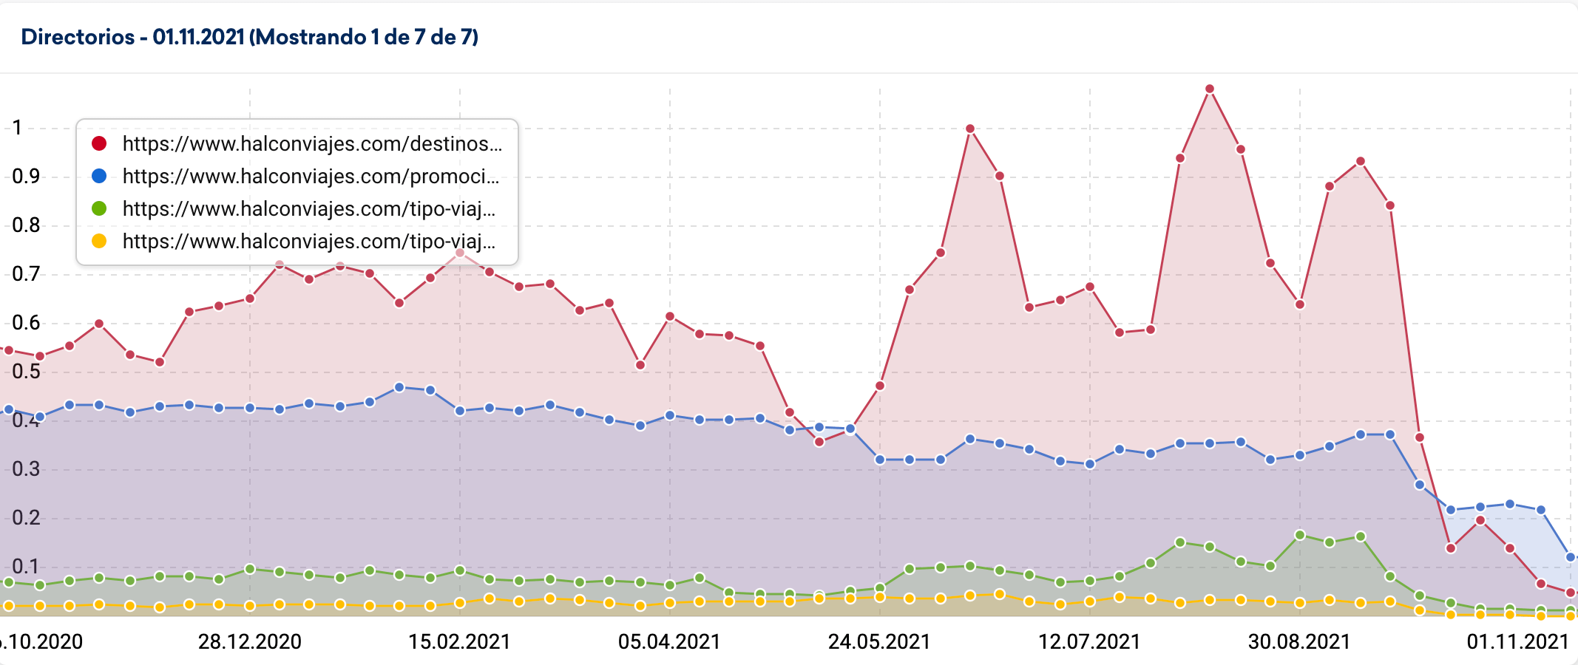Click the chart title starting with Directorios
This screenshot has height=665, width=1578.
point(249,37)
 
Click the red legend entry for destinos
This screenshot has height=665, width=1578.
point(311,143)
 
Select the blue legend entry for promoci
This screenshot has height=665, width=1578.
point(310,176)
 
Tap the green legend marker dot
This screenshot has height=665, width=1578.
point(99,208)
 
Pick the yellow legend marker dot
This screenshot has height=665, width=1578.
point(99,241)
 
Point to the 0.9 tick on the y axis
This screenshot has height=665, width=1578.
point(26,176)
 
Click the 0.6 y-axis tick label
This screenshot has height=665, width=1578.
point(26,322)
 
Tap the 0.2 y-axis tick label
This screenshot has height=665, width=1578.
point(26,517)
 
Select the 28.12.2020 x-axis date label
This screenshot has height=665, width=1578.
point(249,641)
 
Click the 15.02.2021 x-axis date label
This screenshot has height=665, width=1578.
point(459,641)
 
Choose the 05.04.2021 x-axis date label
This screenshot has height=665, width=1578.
point(669,641)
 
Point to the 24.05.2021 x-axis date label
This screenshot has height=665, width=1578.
point(879,641)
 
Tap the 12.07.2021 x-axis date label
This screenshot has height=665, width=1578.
point(1089,641)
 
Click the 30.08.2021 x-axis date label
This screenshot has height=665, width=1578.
point(1299,641)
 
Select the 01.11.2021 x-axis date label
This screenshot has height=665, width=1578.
point(1517,641)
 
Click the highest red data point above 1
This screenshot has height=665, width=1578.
point(1210,89)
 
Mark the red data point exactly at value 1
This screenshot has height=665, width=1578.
point(970,129)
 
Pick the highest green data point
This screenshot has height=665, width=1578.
point(1300,535)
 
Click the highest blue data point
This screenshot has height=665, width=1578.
point(399,387)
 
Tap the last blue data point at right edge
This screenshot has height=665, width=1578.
point(1571,557)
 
